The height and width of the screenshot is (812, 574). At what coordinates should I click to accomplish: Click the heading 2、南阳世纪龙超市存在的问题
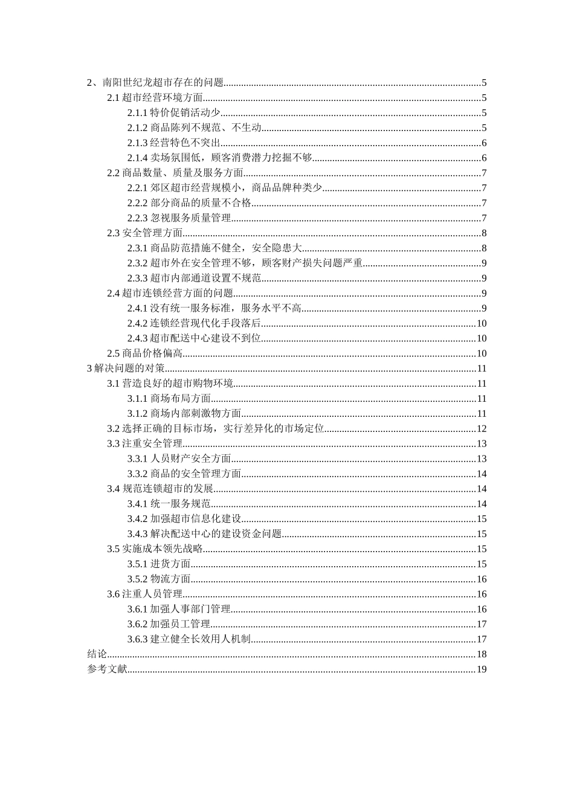click(156, 83)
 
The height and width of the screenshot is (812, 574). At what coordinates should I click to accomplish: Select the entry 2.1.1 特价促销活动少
click(174, 113)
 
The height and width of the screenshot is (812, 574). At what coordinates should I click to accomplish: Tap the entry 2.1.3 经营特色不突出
click(174, 143)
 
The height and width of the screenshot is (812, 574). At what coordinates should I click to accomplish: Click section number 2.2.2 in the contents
click(137, 203)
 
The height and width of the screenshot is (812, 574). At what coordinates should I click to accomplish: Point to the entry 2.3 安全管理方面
click(145, 233)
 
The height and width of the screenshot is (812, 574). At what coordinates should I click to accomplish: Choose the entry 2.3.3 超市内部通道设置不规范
click(194, 279)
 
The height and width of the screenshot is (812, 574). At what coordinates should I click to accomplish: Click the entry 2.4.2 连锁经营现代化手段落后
click(194, 324)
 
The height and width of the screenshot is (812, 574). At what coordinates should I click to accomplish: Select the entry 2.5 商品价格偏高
click(145, 354)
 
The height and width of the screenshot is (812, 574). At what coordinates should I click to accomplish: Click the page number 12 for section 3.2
click(482, 429)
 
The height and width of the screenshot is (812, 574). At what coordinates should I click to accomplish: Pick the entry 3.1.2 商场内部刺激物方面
click(184, 414)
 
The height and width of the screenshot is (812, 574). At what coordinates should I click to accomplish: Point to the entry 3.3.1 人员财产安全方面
click(179, 459)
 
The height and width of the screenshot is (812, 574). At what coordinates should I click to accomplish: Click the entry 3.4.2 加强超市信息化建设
click(184, 519)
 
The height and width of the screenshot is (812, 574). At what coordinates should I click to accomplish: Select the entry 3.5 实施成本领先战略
click(155, 549)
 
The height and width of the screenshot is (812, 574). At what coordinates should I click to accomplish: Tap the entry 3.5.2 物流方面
click(159, 579)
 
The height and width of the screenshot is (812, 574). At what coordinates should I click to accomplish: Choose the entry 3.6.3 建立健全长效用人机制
click(189, 639)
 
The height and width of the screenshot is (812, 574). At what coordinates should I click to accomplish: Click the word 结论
click(97, 654)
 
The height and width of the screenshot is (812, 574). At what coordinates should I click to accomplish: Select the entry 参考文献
click(107, 669)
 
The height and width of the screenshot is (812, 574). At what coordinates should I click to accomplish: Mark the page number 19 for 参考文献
click(482, 669)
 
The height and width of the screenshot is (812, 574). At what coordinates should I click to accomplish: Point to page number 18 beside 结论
click(482, 654)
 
